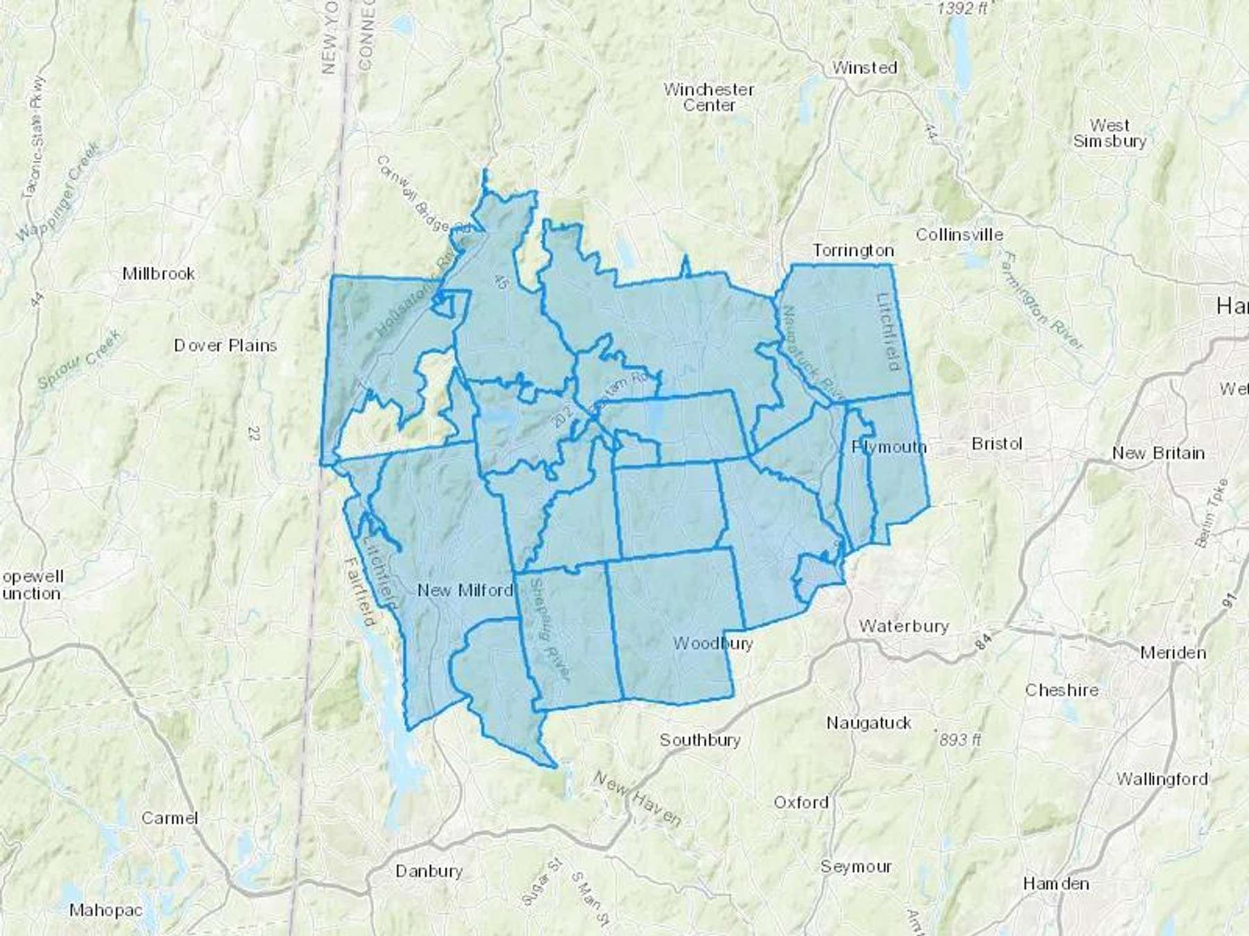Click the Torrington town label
coord(853,250)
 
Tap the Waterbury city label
coord(903,626)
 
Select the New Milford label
coord(465,590)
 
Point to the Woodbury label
coord(713,643)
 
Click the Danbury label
coord(429,871)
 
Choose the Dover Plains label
coord(226,345)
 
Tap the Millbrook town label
coord(158,273)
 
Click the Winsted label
coord(865,68)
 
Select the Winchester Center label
coord(708,97)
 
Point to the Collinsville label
coord(959,234)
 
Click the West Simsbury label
coord(1110,133)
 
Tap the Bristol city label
coord(997,444)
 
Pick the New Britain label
coord(1158,453)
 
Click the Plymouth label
coord(889,447)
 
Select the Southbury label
coord(700,740)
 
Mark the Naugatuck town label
coord(869,723)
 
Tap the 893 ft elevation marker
coord(960,740)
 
